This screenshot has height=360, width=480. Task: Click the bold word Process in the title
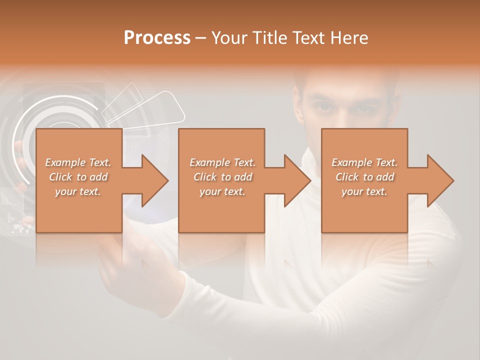click(x=157, y=38)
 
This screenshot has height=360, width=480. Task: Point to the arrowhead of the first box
click(x=155, y=180)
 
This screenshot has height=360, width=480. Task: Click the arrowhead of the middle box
click(x=297, y=180)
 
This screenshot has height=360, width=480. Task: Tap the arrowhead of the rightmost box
click(x=440, y=180)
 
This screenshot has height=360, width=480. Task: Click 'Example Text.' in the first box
click(x=78, y=162)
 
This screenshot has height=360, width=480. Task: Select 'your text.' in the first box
click(x=78, y=191)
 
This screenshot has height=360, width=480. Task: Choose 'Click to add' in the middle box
click(x=222, y=177)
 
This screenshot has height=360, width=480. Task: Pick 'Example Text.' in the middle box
click(x=222, y=162)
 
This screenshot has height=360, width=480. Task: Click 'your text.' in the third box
click(x=364, y=191)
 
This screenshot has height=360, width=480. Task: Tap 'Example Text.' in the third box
click(x=364, y=162)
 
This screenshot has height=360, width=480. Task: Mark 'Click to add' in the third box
click(x=364, y=177)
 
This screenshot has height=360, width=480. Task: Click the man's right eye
click(x=323, y=106)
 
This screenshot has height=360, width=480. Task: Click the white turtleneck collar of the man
click(x=320, y=165)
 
